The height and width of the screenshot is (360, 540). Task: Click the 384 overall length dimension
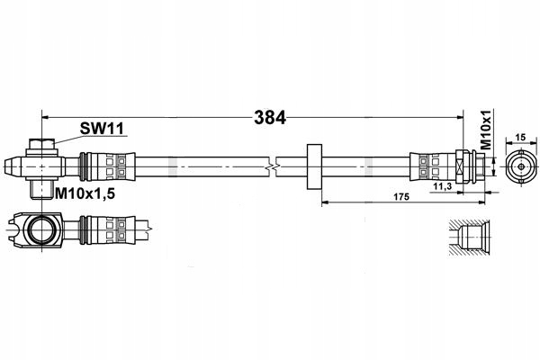tap(270, 118)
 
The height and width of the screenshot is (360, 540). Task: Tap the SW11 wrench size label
tap(102, 129)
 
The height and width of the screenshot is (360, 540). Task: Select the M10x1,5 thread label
tap(85, 194)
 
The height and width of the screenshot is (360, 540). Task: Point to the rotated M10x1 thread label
tap(485, 130)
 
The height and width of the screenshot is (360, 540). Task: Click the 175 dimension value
tap(401, 197)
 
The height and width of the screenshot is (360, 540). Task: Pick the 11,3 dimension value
tap(443, 186)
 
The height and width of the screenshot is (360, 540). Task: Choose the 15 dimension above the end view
tap(521, 138)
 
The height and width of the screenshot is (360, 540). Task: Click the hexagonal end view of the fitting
tap(521, 166)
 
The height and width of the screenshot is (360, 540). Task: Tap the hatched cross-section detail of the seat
tap(470, 238)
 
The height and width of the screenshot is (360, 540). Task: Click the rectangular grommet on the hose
tap(314, 166)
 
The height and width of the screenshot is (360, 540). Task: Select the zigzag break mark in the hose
tap(272, 167)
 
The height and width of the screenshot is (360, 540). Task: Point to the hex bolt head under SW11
tap(41, 144)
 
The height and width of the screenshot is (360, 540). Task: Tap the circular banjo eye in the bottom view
tap(41, 229)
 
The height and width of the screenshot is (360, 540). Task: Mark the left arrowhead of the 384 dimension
tap(45, 118)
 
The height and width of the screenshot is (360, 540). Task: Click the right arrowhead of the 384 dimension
tap(460, 118)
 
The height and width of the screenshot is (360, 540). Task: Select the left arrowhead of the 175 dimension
tap(326, 202)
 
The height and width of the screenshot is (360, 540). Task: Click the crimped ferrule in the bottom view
tap(107, 229)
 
